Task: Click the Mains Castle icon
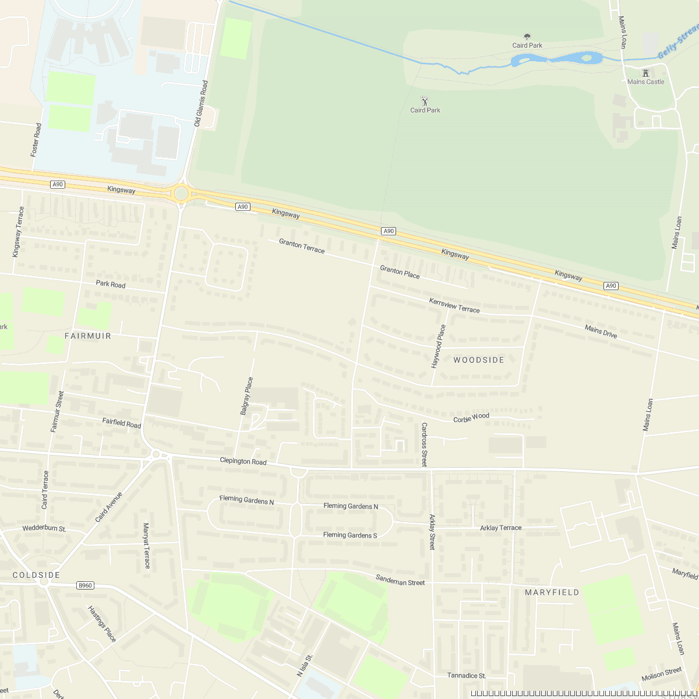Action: point(645,73)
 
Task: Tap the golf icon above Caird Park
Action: point(425,101)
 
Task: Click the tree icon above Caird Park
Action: point(527,37)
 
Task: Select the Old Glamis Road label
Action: point(201,104)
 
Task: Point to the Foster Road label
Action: point(36,140)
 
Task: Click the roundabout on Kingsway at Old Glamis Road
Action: point(181,193)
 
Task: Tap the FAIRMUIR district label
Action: point(88,336)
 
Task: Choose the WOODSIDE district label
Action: point(479,360)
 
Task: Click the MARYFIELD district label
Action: point(552,592)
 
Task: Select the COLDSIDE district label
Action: point(37,575)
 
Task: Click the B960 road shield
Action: point(85,585)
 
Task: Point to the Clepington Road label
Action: point(243,461)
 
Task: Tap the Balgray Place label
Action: point(247,396)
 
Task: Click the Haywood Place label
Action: point(438,347)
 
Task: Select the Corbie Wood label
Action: point(471,418)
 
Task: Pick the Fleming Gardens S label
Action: point(350,535)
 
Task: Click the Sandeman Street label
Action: point(400,580)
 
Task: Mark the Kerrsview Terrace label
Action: point(454,305)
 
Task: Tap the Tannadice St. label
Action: point(467,676)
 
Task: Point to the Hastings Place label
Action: point(102,624)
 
